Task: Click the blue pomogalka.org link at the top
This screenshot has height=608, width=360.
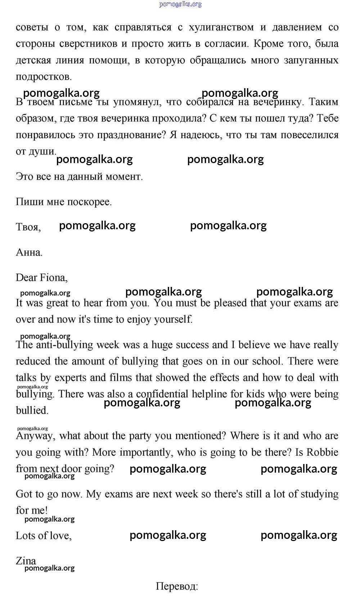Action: tap(180, 4)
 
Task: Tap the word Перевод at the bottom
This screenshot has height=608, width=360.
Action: tap(176, 586)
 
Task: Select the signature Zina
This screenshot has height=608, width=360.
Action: tap(26, 561)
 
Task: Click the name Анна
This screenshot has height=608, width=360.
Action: tap(29, 252)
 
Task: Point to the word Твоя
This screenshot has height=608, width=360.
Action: tap(28, 227)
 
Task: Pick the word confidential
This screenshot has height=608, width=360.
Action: tap(162, 394)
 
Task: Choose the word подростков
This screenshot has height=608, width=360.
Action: tap(44, 77)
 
